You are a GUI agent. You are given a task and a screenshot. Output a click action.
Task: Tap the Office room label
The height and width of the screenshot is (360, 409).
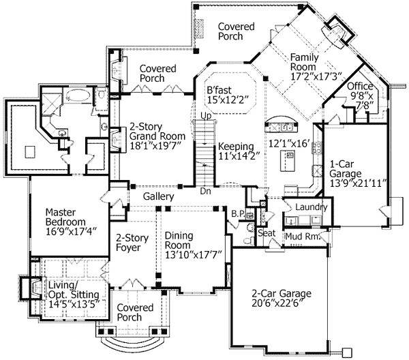point(360,87)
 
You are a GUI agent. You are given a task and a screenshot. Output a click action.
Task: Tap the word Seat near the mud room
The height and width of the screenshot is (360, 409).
point(266,233)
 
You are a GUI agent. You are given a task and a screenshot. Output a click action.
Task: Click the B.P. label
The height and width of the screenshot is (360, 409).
point(238,214)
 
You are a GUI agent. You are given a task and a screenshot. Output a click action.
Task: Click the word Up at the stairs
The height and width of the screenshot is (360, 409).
point(204,117)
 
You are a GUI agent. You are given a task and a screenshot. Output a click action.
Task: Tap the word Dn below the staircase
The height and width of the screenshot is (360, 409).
point(206,192)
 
